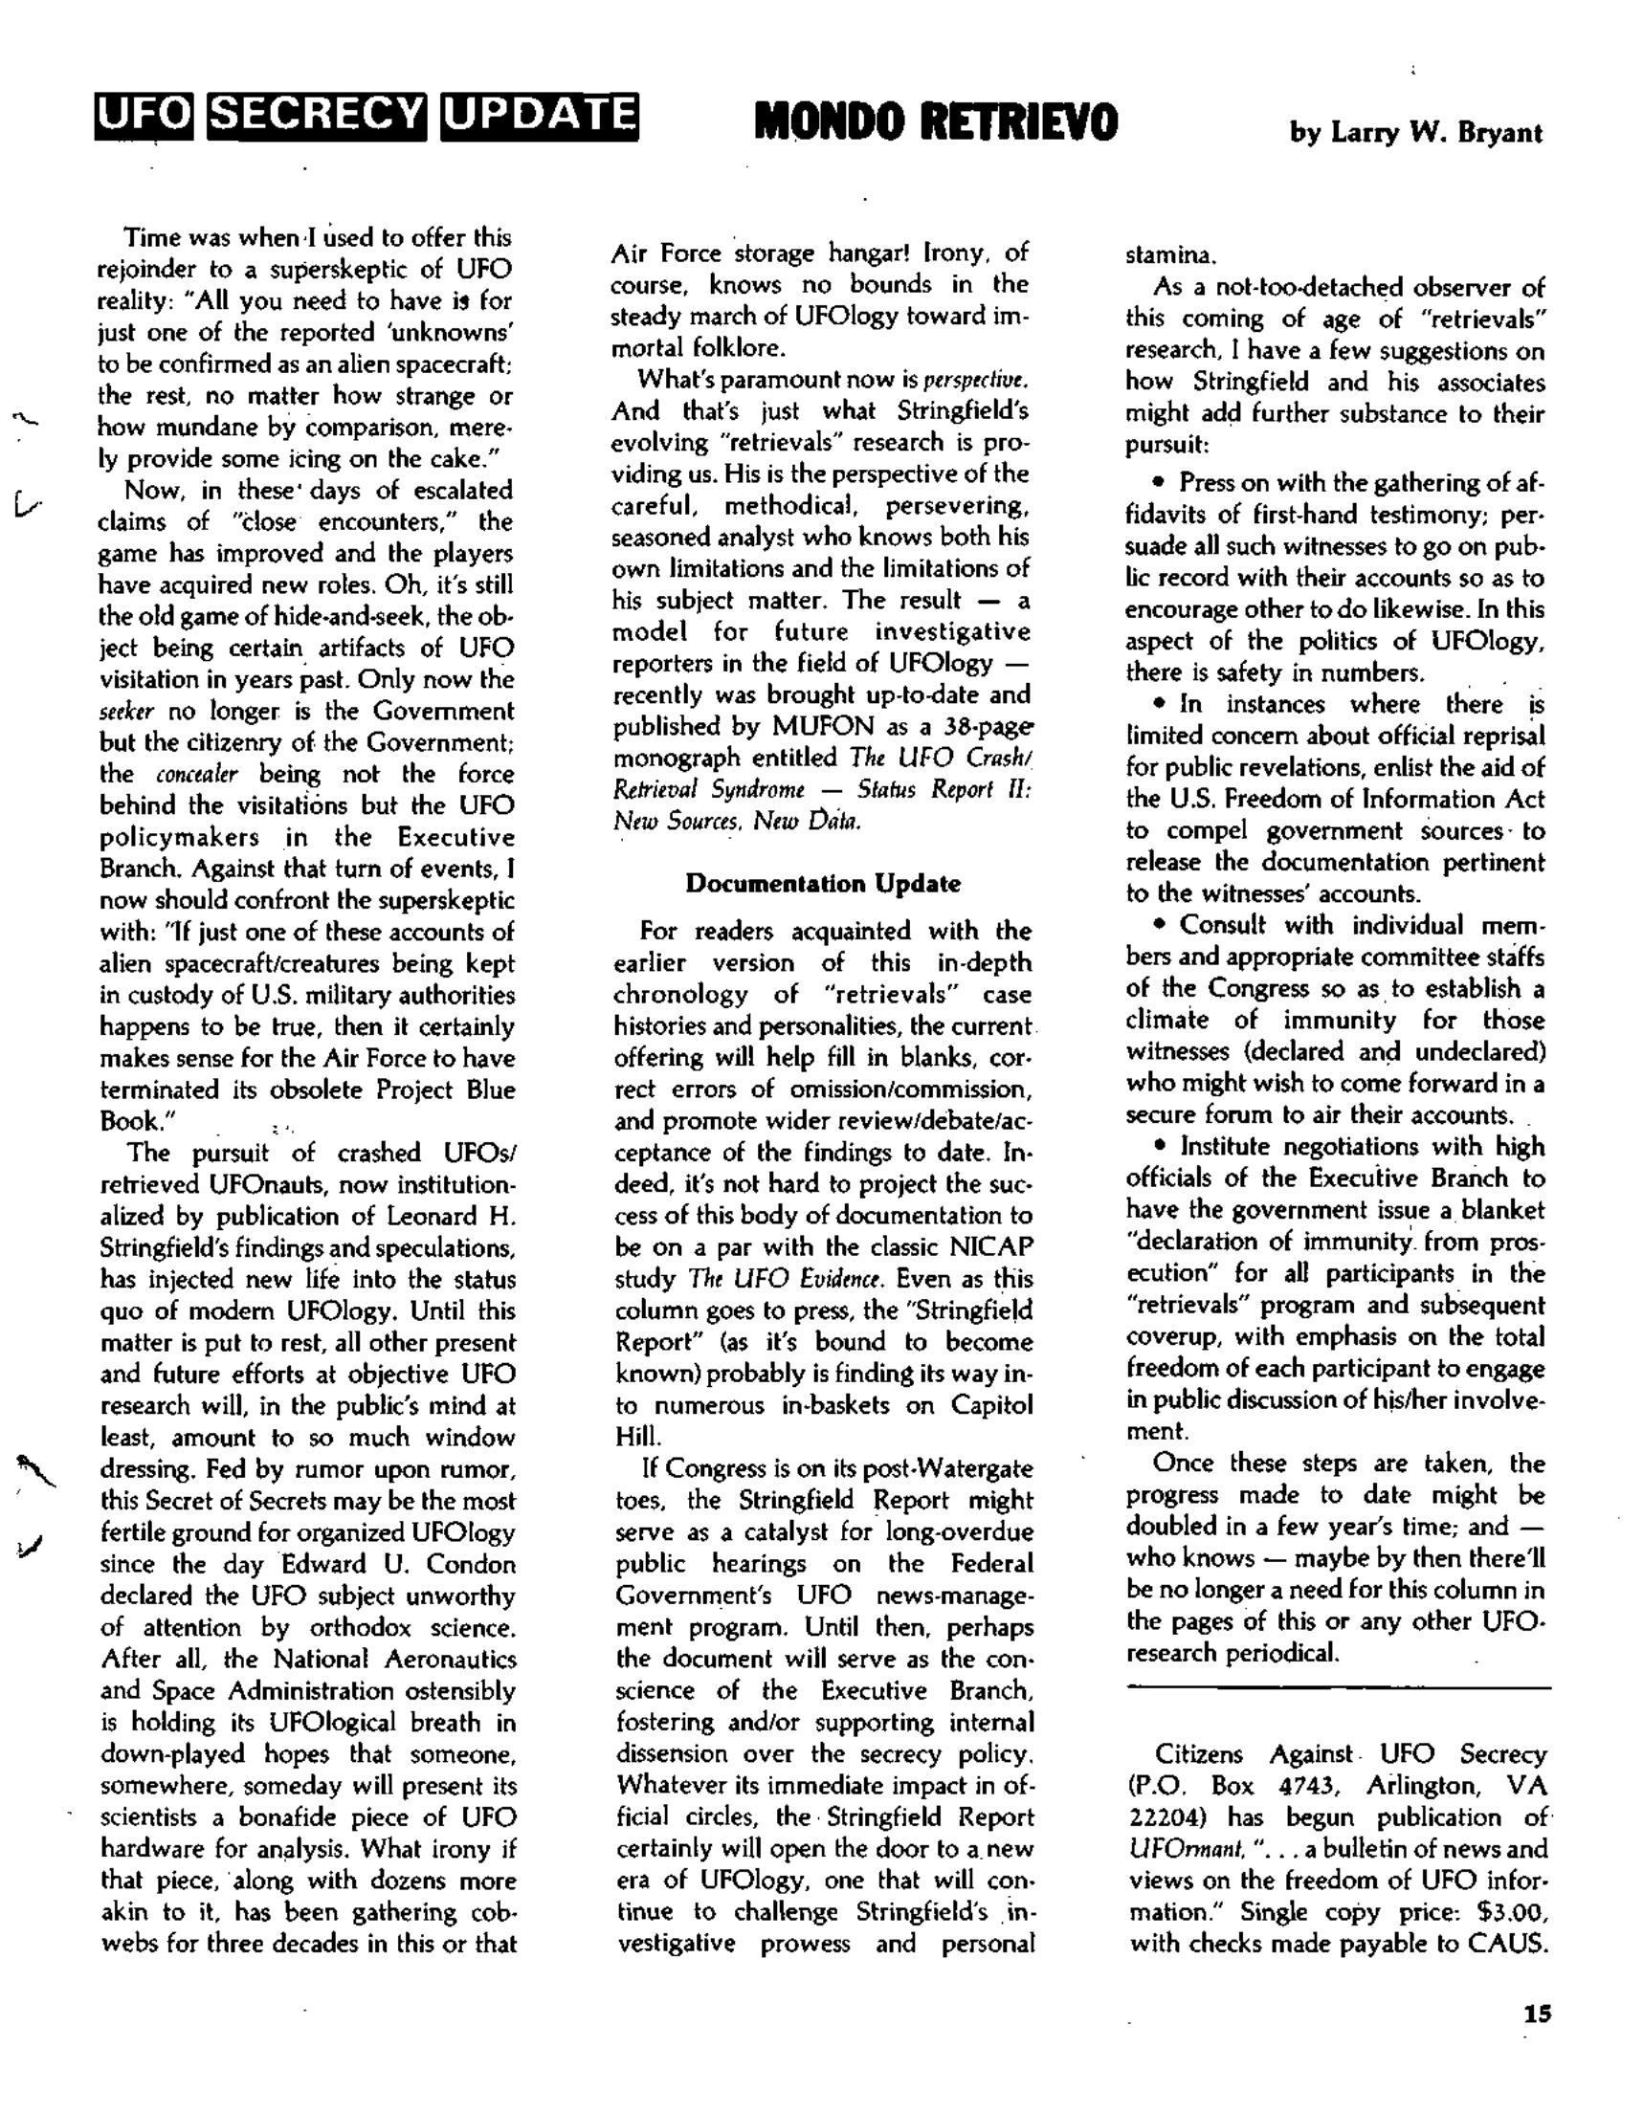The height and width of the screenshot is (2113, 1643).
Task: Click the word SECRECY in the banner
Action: (x=319, y=118)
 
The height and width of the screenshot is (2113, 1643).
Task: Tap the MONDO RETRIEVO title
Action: (x=935, y=122)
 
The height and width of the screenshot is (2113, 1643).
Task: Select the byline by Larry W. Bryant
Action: (x=1415, y=133)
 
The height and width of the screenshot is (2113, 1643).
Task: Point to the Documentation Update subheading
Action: (x=823, y=883)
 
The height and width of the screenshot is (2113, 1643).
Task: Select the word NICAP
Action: (x=998, y=1247)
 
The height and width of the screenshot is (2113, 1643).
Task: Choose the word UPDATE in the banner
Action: (x=538, y=118)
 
